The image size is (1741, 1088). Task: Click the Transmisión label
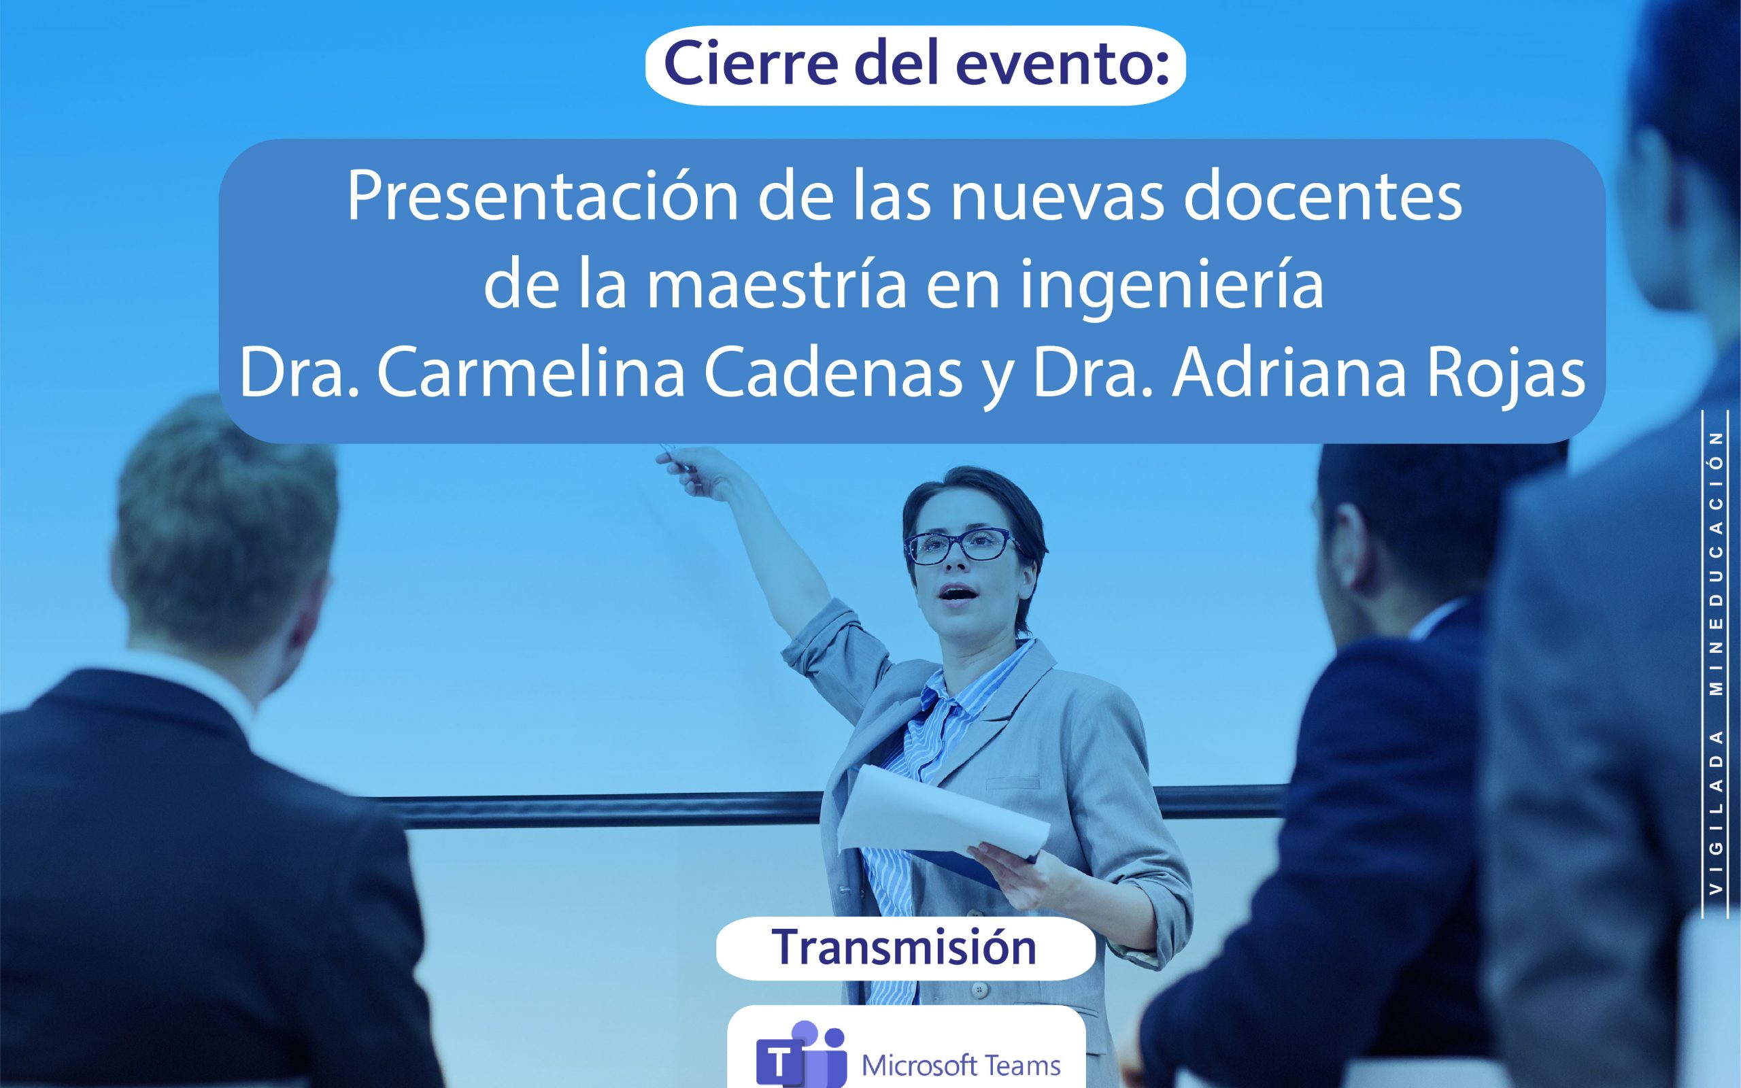pyautogui.click(x=905, y=947)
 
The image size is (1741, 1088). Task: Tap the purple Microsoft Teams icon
pyautogui.click(x=800, y=1055)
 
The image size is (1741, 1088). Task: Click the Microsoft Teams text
pyautogui.click(x=961, y=1065)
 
